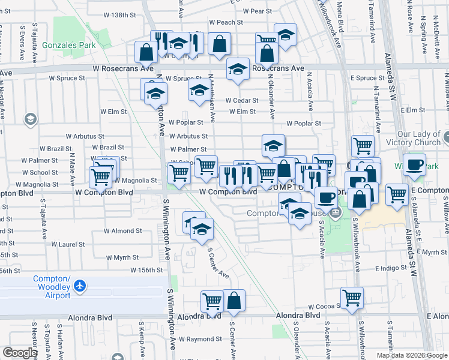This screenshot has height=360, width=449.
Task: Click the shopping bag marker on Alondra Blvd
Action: (x=234, y=302)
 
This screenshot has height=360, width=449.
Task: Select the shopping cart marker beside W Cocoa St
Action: (x=351, y=298)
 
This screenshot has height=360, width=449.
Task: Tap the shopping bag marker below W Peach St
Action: (x=220, y=43)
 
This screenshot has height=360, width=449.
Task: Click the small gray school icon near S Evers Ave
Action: (x=29, y=119)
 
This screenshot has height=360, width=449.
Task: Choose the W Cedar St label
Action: (x=242, y=101)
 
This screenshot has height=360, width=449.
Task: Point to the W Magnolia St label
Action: (x=132, y=180)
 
